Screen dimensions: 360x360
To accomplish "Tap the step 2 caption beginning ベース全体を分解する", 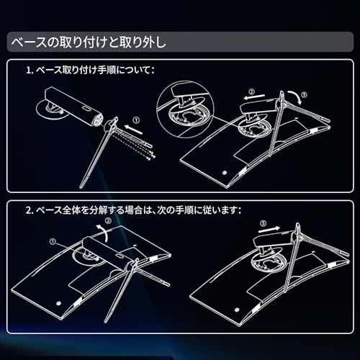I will click(134, 210).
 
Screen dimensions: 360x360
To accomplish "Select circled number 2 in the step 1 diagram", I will click(252, 92).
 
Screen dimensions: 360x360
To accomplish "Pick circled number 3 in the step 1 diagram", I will click(305, 94).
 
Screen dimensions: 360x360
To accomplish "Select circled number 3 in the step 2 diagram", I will click(262, 223).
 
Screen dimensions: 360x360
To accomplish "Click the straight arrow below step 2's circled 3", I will click(268, 231).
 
